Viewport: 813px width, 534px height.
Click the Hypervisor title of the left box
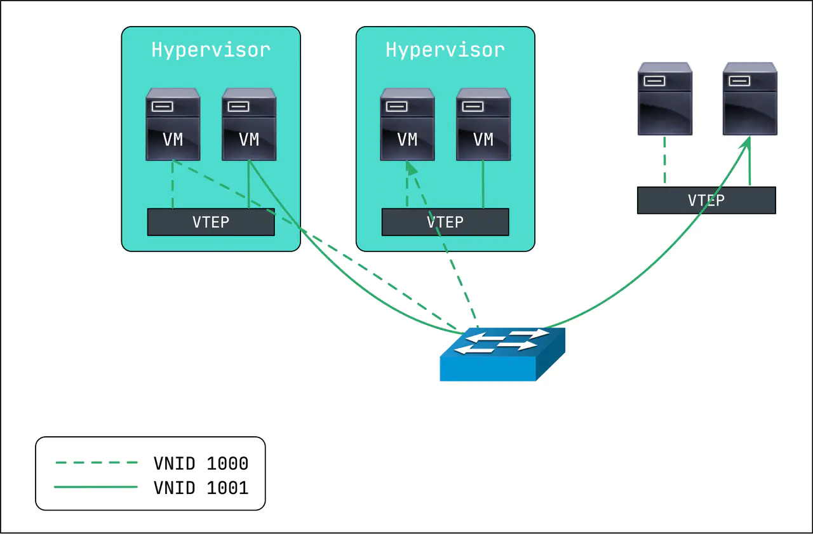coord(211,50)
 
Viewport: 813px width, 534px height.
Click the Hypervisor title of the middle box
coord(445,50)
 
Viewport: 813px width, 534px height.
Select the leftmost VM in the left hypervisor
coord(173,124)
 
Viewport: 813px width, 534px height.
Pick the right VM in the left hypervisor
coord(249,124)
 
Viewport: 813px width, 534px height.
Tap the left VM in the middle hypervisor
coord(407,124)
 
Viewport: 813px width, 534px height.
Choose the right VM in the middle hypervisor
coord(483,124)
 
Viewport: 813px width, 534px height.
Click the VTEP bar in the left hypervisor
coord(211,222)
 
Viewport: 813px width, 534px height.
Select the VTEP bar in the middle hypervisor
coord(445,222)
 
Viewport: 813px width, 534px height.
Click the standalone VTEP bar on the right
coord(706,200)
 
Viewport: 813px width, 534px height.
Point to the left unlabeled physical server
coord(664,98)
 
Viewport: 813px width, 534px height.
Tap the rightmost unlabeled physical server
coord(749,98)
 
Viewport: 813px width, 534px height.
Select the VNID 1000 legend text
coord(201,464)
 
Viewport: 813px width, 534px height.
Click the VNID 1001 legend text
coord(201,488)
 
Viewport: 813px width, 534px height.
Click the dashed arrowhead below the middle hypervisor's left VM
coord(411,168)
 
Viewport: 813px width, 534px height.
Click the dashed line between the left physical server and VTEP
coord(664,161)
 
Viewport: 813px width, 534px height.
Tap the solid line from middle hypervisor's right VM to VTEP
coord(483,184)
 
